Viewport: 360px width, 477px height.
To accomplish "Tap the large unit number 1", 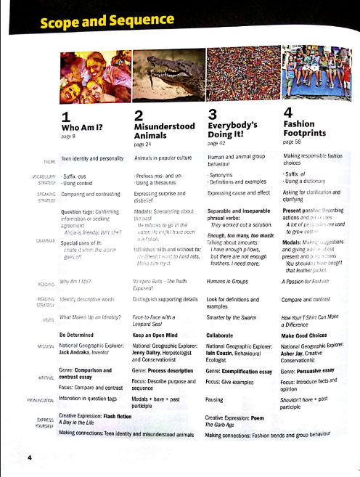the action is tap(65, 117).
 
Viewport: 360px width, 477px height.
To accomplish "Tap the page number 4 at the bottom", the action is tap(30, 457).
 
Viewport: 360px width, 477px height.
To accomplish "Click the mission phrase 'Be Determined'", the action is tap(84, 335).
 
